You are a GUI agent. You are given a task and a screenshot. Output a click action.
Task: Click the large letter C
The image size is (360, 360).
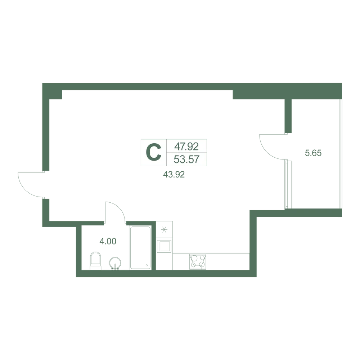154,153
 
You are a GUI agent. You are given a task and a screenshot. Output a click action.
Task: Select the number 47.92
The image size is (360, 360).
186,146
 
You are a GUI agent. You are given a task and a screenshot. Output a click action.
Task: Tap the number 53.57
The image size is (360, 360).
186,159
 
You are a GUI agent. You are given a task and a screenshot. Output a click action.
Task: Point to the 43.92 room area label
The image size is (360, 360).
174,175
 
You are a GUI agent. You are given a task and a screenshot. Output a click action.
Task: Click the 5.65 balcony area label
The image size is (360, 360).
313,153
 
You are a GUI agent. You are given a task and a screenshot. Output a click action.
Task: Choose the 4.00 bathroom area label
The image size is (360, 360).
108,241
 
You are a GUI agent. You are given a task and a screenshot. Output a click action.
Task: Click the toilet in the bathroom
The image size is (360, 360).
95,261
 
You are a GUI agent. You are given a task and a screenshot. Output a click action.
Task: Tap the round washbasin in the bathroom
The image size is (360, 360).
115,264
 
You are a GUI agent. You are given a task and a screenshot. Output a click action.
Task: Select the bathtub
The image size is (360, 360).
140,248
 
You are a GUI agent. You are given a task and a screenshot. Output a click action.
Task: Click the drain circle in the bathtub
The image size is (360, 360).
147,265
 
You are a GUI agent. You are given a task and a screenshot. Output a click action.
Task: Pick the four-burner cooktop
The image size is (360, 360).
198,261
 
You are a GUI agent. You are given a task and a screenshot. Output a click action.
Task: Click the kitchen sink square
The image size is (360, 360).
164,246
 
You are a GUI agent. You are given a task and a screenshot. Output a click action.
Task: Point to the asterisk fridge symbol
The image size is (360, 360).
164,229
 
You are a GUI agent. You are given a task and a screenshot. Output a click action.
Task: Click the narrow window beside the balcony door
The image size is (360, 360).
286,184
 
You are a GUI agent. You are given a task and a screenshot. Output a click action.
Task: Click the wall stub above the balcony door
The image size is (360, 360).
288,116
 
